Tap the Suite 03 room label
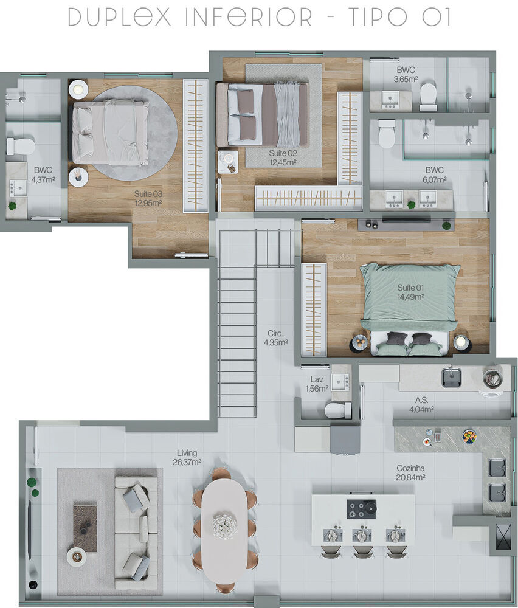coord(148,194)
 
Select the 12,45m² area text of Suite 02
coord(283,162)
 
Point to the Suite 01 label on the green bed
coord(411,288)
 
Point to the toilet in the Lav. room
coord(336,410)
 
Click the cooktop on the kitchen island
coord(361,508)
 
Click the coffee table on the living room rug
coord(85,527)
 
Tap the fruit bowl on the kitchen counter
coord(469,435)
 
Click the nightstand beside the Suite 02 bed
coord(227,162)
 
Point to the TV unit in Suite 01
coord(398,224)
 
